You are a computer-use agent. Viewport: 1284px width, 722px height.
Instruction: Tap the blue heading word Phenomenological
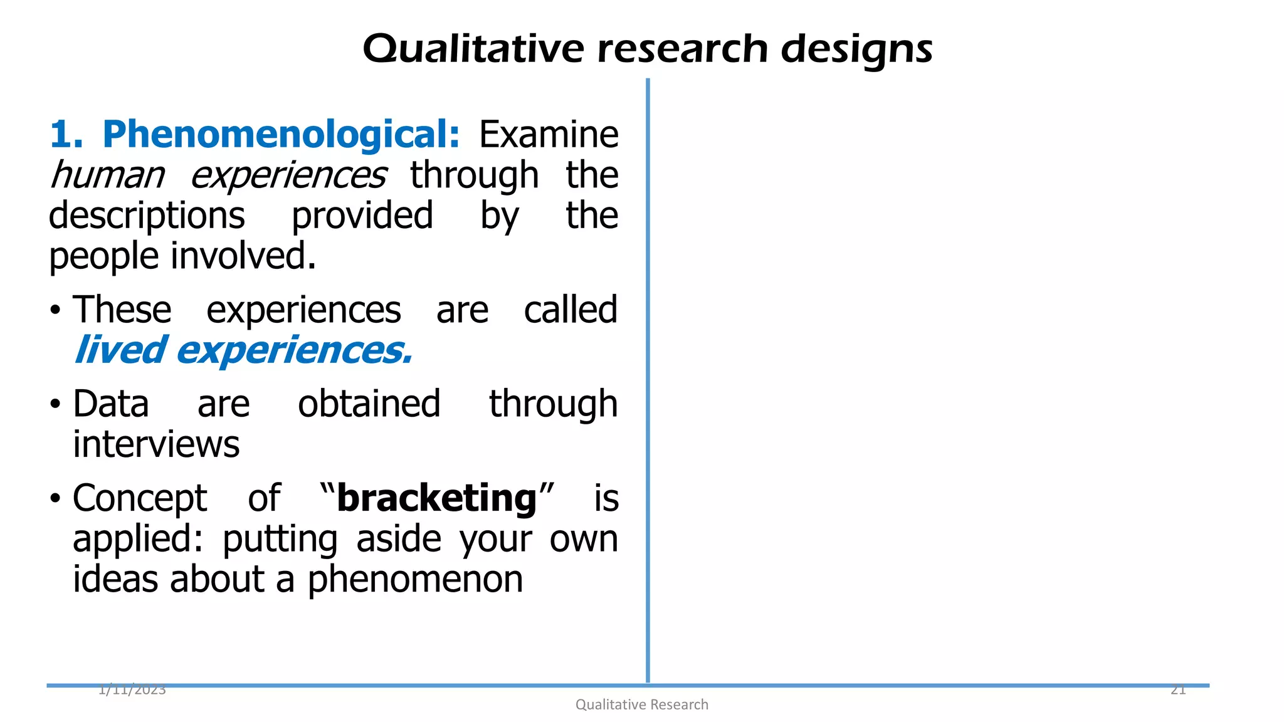[x=281, y=135]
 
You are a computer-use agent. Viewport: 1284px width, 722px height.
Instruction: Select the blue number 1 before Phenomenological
[x=61, y=135]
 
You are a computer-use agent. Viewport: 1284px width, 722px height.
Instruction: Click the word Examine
[x=549, y=135]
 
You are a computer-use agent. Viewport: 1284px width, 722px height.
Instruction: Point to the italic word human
[x=107, y=175]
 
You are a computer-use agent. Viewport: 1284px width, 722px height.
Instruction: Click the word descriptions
[x=147, y=216]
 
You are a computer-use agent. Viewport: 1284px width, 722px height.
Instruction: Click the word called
[x=571, y=310]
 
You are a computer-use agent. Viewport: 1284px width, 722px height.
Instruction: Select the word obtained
[x=369, y=404]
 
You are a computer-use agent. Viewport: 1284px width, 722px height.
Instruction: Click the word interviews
[x=156, y=444]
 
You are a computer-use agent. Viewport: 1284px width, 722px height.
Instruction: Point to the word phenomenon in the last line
[x=415, y=579]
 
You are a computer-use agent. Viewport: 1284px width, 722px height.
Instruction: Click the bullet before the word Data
[x=56, y=405]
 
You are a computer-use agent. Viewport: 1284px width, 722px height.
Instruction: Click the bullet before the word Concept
[x=56, y=500]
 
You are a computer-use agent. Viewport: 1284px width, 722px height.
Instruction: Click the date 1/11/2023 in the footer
[x=132, y=691]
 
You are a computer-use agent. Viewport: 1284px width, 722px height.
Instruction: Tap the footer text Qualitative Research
[x=642, y=705]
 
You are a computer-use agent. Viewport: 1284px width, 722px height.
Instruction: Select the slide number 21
[x=1178, y=691]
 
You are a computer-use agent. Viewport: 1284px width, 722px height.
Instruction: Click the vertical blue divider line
[x=648, y=376]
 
